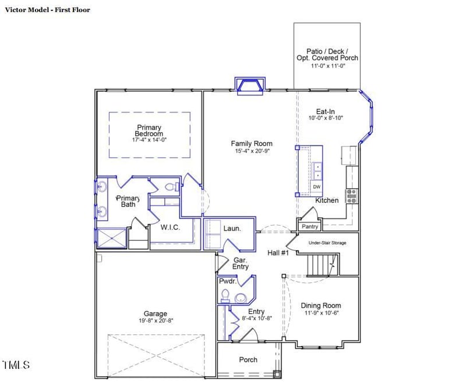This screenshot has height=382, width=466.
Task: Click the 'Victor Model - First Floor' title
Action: [48, 10]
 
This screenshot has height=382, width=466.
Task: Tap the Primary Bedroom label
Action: [149, 130]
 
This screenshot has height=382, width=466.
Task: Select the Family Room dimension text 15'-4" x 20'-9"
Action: [251, 151]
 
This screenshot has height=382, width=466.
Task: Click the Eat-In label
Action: [326, 111]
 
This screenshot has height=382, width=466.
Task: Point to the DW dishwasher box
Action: [317, 187]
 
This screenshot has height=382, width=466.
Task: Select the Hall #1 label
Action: [278, 253]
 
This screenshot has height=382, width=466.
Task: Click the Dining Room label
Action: [320, 306]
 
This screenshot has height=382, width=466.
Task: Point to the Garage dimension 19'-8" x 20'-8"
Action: [156, 321]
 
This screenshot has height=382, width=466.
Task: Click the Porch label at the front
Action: [248, 360]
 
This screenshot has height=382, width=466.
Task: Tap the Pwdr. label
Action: [227, 281]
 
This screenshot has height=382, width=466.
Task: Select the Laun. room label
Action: [232, 228]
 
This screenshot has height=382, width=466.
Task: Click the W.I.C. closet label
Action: [170, 227]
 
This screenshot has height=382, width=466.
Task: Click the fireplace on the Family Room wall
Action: [250, 86]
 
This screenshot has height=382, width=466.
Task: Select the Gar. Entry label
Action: [241, 263]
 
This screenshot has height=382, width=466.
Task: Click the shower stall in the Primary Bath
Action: [111, 238]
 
